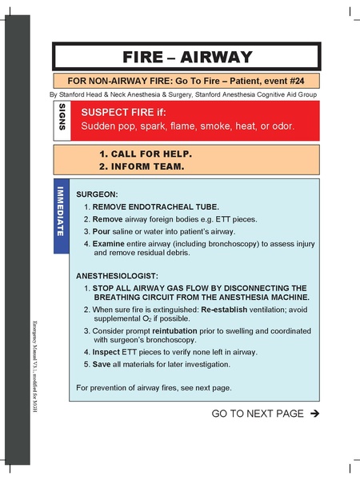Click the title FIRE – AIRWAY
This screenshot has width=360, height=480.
pyautogui.click(x=187, y=57)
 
